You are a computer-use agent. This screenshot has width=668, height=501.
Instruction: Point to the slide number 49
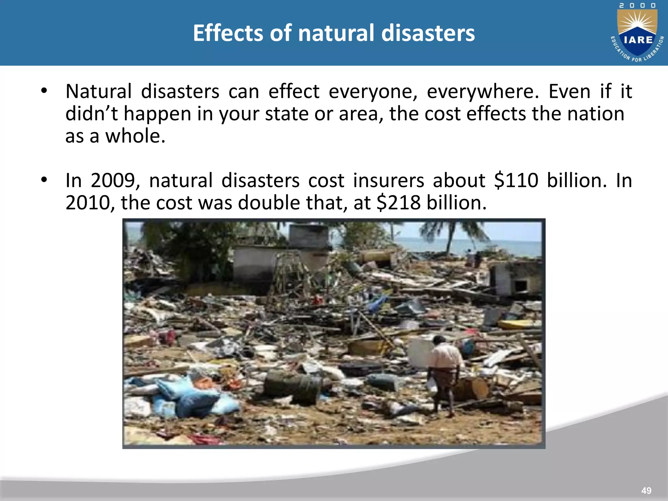pos(646,490)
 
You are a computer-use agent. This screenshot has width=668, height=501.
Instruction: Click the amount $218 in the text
pos(399,203)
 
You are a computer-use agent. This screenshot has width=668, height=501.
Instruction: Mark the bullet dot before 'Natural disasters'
pos(44,91)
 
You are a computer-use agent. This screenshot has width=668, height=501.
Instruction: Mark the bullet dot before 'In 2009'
pos(44,180)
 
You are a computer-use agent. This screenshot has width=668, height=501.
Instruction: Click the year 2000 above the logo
pos(637,6)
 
